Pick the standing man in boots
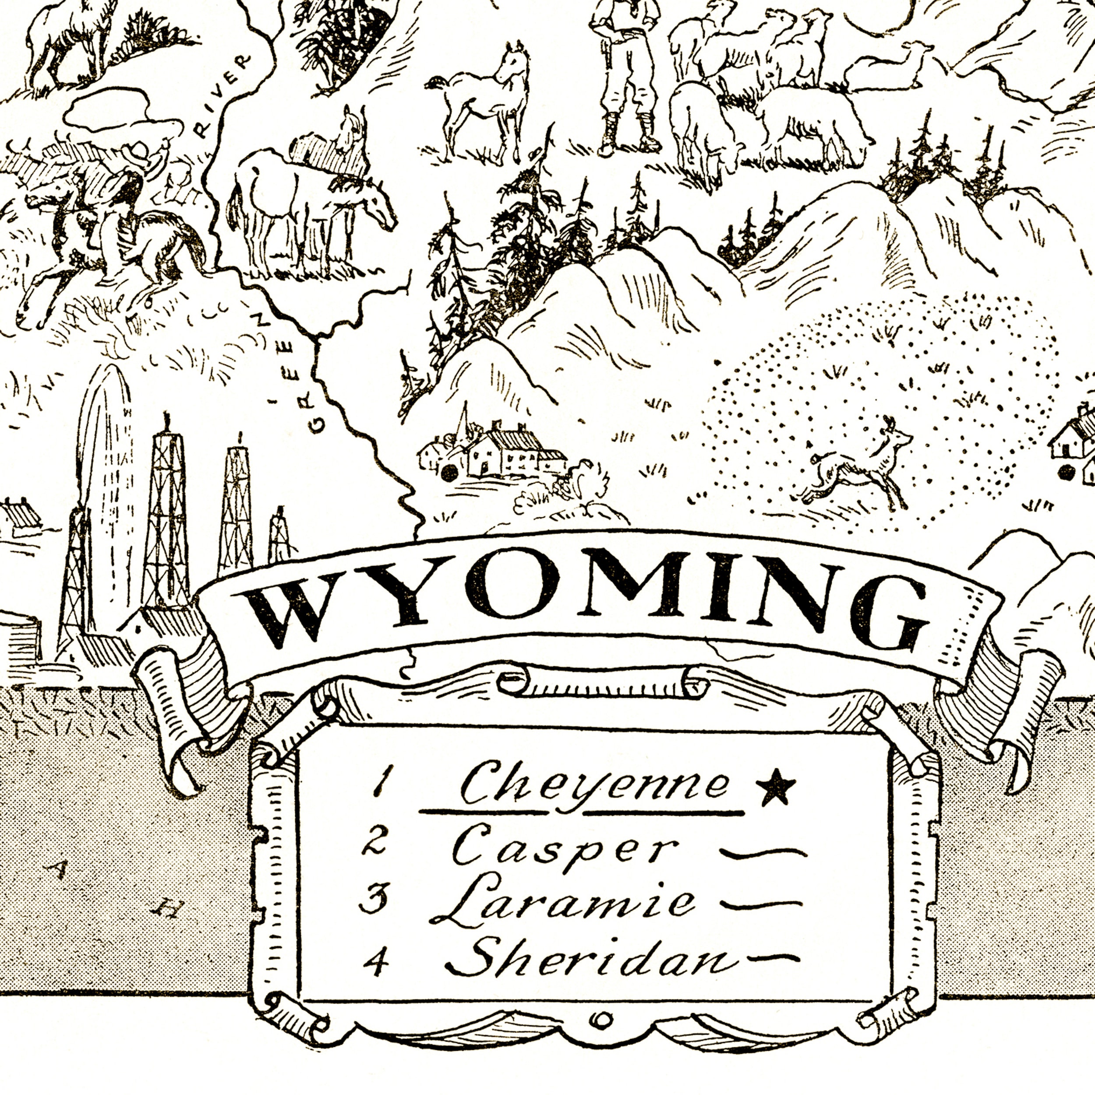[x=623, y=74]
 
